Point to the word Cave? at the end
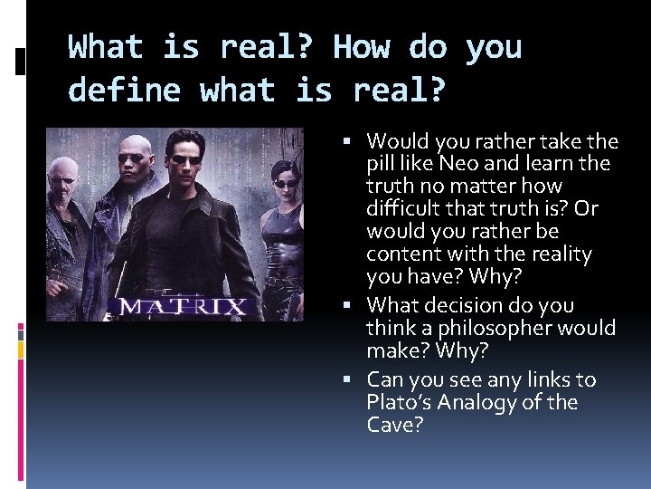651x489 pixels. pyautogui.click(x=393, y=425)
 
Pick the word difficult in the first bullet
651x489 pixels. pyautogui.click(x=403, y=208)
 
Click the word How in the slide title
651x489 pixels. pyautogui.click(x=363, y=46)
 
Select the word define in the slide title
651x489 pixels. pyautogui.click(x=125, y=90)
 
